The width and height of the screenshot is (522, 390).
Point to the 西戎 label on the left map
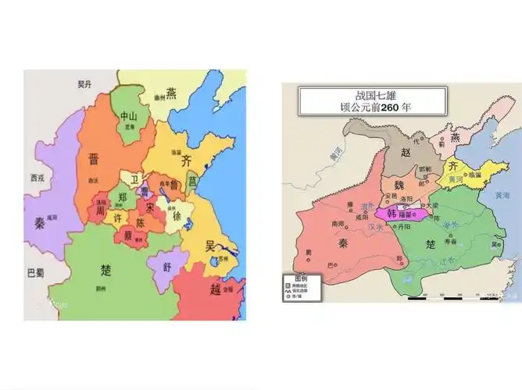tap(38, 178)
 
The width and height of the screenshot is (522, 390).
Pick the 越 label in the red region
tap(216, 289)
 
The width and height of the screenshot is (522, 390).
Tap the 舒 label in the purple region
tap(166, 267)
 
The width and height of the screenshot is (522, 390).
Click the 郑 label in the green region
tap(123, 197)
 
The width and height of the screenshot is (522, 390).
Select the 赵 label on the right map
tap(406, 154)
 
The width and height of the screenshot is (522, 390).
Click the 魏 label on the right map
tap(399, 186)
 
